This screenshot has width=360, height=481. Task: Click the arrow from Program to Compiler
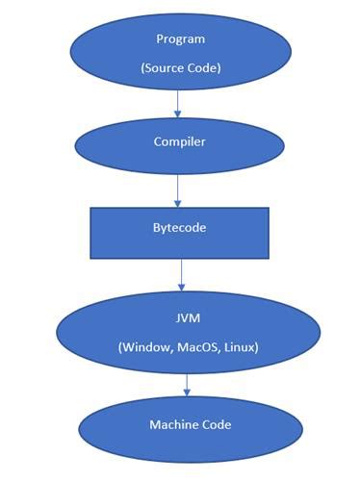[177, 103]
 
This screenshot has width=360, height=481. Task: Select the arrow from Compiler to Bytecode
[178, 190]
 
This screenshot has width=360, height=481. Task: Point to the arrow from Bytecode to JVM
[181, 275]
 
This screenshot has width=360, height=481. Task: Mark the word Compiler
[180, 141]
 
